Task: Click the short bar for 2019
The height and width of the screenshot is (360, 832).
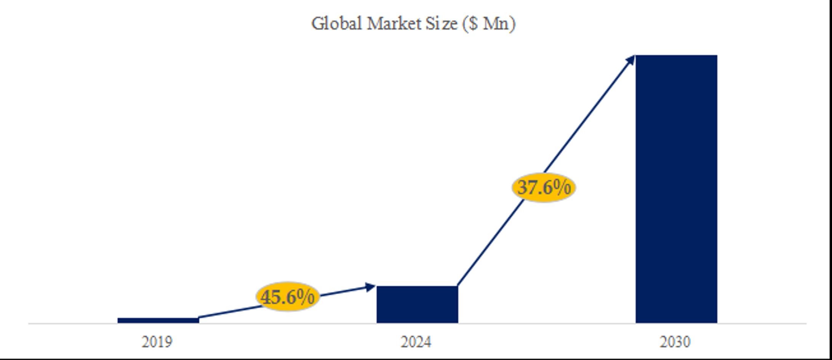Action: coord(158,320)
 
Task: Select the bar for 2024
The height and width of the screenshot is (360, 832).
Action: coord(417,304)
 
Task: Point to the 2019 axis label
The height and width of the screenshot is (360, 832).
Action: coord(157,342)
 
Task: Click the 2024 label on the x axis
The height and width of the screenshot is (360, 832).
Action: coord(416,342)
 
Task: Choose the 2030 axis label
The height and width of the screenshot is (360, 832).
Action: coord(675,342)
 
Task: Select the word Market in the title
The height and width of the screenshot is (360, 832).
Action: coord(394,24)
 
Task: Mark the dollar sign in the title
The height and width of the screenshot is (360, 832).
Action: coord(473,24)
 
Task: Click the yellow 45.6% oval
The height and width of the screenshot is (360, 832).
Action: coord(288,296)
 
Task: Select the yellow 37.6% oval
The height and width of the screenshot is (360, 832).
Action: coord(544,187)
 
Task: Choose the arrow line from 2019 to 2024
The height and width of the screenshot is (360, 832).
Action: coord(229,312)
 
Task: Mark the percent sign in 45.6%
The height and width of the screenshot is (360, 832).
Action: coord(306,296)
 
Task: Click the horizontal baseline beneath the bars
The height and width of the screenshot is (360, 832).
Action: coord(533,323)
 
